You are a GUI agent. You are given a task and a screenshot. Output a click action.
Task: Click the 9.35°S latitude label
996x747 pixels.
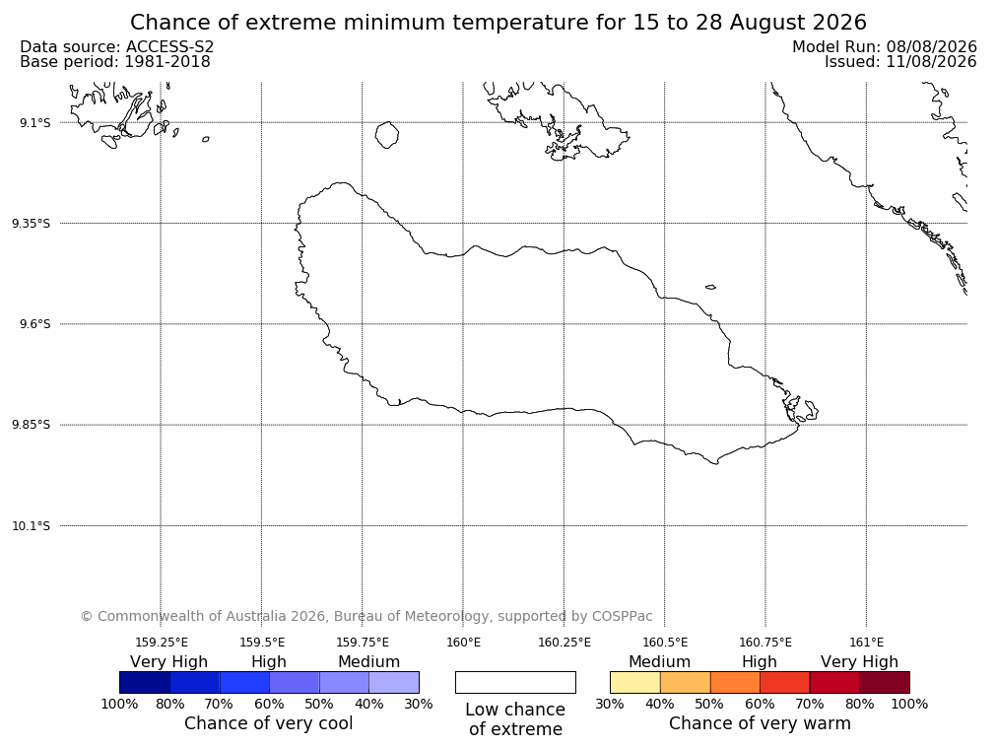point(32,224)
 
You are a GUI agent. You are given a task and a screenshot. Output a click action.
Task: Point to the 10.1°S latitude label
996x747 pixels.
point(32,526)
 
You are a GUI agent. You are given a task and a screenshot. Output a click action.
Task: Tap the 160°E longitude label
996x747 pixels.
point(464,643)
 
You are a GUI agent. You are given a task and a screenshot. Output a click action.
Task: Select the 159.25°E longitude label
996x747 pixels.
point(162,643)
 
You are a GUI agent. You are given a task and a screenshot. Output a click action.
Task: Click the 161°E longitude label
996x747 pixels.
point(866,643)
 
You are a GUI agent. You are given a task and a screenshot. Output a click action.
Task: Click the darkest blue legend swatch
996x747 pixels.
point(145,682)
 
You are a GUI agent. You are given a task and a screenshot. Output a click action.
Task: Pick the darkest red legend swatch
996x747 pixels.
point(885,682)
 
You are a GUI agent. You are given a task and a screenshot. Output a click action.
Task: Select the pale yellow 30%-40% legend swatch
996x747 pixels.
point(635,682)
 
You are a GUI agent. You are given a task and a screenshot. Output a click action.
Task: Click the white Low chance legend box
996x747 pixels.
point(516,682)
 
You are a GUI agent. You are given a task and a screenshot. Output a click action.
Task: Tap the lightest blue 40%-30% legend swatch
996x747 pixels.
point(394,682)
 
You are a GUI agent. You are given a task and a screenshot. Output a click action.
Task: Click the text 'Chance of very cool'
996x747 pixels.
point(269,723)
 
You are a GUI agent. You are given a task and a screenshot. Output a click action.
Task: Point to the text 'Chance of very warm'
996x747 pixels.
point(760,723)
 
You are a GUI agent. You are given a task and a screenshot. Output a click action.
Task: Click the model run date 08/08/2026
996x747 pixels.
point(931,47)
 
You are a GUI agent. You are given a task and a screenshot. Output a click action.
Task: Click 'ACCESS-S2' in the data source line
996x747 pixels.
point(169,47)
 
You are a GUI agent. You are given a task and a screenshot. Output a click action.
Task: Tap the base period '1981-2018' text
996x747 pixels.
point(167,62)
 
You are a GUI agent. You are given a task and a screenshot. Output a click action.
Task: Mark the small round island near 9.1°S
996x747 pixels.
point(387,135)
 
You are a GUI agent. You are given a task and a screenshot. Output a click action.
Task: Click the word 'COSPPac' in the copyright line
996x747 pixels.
point(622,616)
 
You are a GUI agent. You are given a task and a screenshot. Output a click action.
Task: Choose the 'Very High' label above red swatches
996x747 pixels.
point(859,662)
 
